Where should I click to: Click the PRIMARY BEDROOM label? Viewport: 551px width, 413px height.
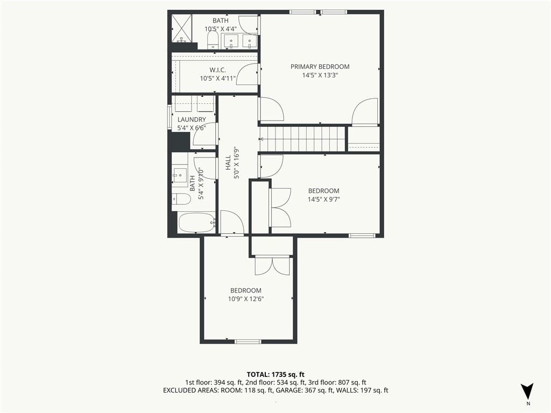[x=320, y=67]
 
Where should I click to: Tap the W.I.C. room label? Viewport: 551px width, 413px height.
[x=218, y=70]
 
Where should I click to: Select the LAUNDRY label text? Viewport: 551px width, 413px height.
[x=192, y=120]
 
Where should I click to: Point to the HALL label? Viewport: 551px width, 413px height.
[x=228, y=162]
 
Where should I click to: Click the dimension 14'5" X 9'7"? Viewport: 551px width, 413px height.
[x=323, y=200]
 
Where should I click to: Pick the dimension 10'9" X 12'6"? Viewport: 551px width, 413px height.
[x=246, y=299]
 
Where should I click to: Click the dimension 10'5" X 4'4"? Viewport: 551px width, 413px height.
[x=221, y=29]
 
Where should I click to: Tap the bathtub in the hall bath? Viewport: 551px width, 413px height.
[x=197, y=223]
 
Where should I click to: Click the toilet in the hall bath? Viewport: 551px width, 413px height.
[x=181, y=200]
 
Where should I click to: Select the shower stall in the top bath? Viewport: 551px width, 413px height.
[x=182, y=28]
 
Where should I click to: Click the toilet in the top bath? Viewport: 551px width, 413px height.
[x=213, y=40]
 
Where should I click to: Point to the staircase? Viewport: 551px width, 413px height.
[x=302, y=139]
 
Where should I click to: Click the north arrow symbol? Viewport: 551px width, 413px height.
[x=527, y=391]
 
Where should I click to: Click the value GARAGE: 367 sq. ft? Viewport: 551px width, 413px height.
[x=302, y=390]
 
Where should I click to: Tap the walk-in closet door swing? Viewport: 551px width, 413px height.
[x=248, y=74]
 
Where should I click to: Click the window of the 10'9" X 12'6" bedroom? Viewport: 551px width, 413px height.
[x=248, y=341]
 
